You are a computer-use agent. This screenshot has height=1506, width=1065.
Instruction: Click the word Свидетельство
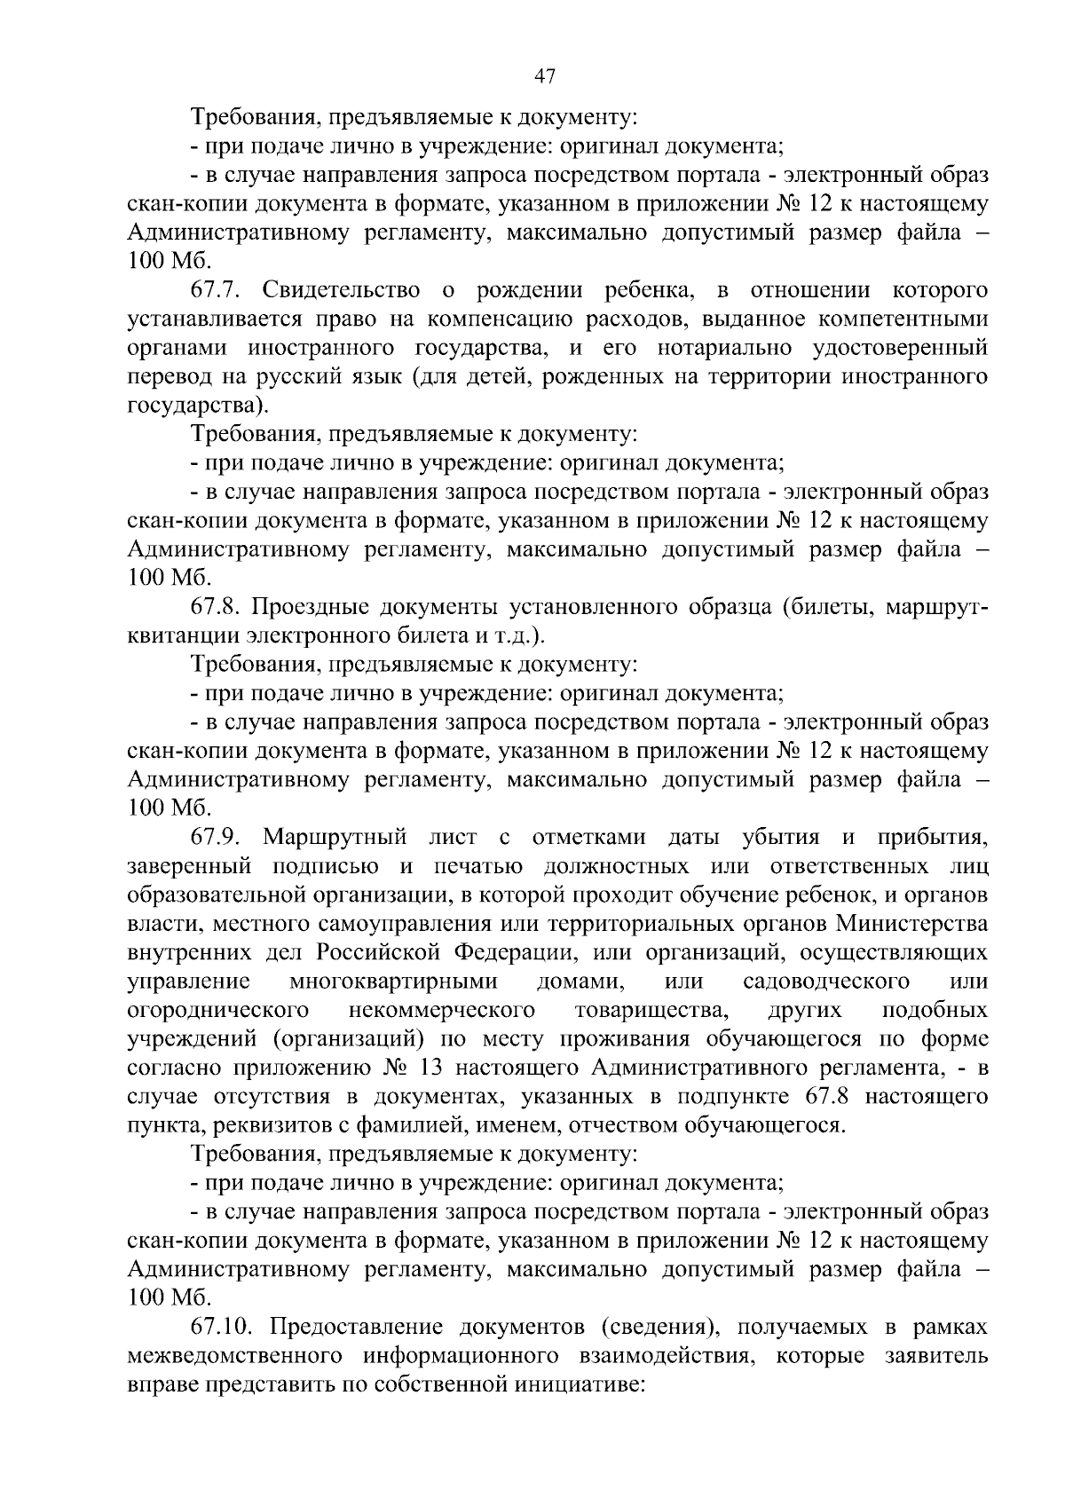(342, 290)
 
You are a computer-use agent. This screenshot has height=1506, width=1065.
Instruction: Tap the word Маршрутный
(335, 837)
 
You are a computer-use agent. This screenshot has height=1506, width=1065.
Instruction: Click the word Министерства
(911, 924)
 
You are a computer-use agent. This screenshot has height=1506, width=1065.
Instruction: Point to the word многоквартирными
(392, 982)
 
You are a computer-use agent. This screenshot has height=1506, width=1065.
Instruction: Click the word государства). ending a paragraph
(197, 406)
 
